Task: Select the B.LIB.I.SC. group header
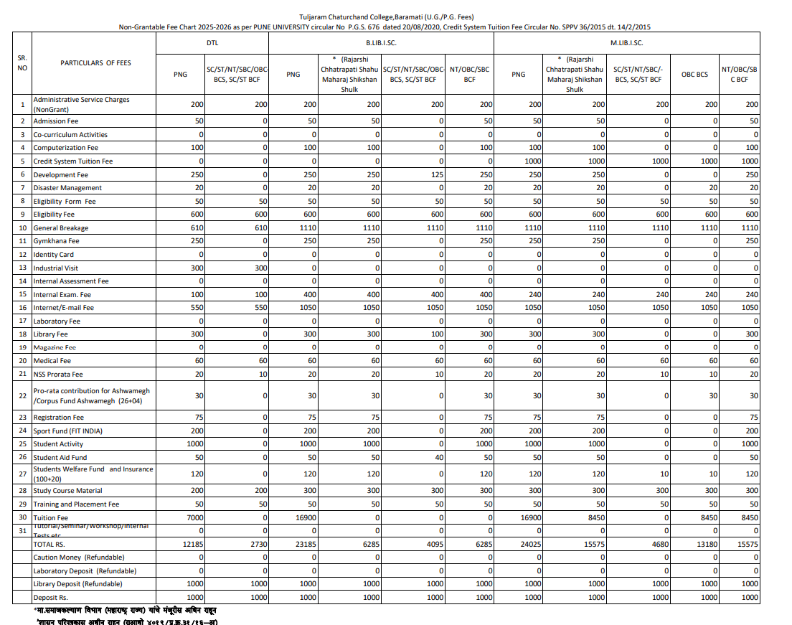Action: (x=382, y=43)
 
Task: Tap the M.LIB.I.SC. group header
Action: (x=626, y=43)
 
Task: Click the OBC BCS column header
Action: (x=694, y=74)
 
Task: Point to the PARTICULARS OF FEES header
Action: (x=95, y=63)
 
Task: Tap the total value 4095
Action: (x=434, y=545)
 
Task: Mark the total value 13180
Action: (x=708, y=545)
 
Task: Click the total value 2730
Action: (x=258, y=545)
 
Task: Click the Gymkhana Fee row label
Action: (x=56, y=242)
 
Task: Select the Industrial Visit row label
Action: (x=56, y=268)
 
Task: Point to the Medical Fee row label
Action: (x=52, y=361)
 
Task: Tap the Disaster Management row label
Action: (x=67, y=188)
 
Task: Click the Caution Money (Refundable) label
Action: (x=79, y=558)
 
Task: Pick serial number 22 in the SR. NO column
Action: (x=22, y=396)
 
